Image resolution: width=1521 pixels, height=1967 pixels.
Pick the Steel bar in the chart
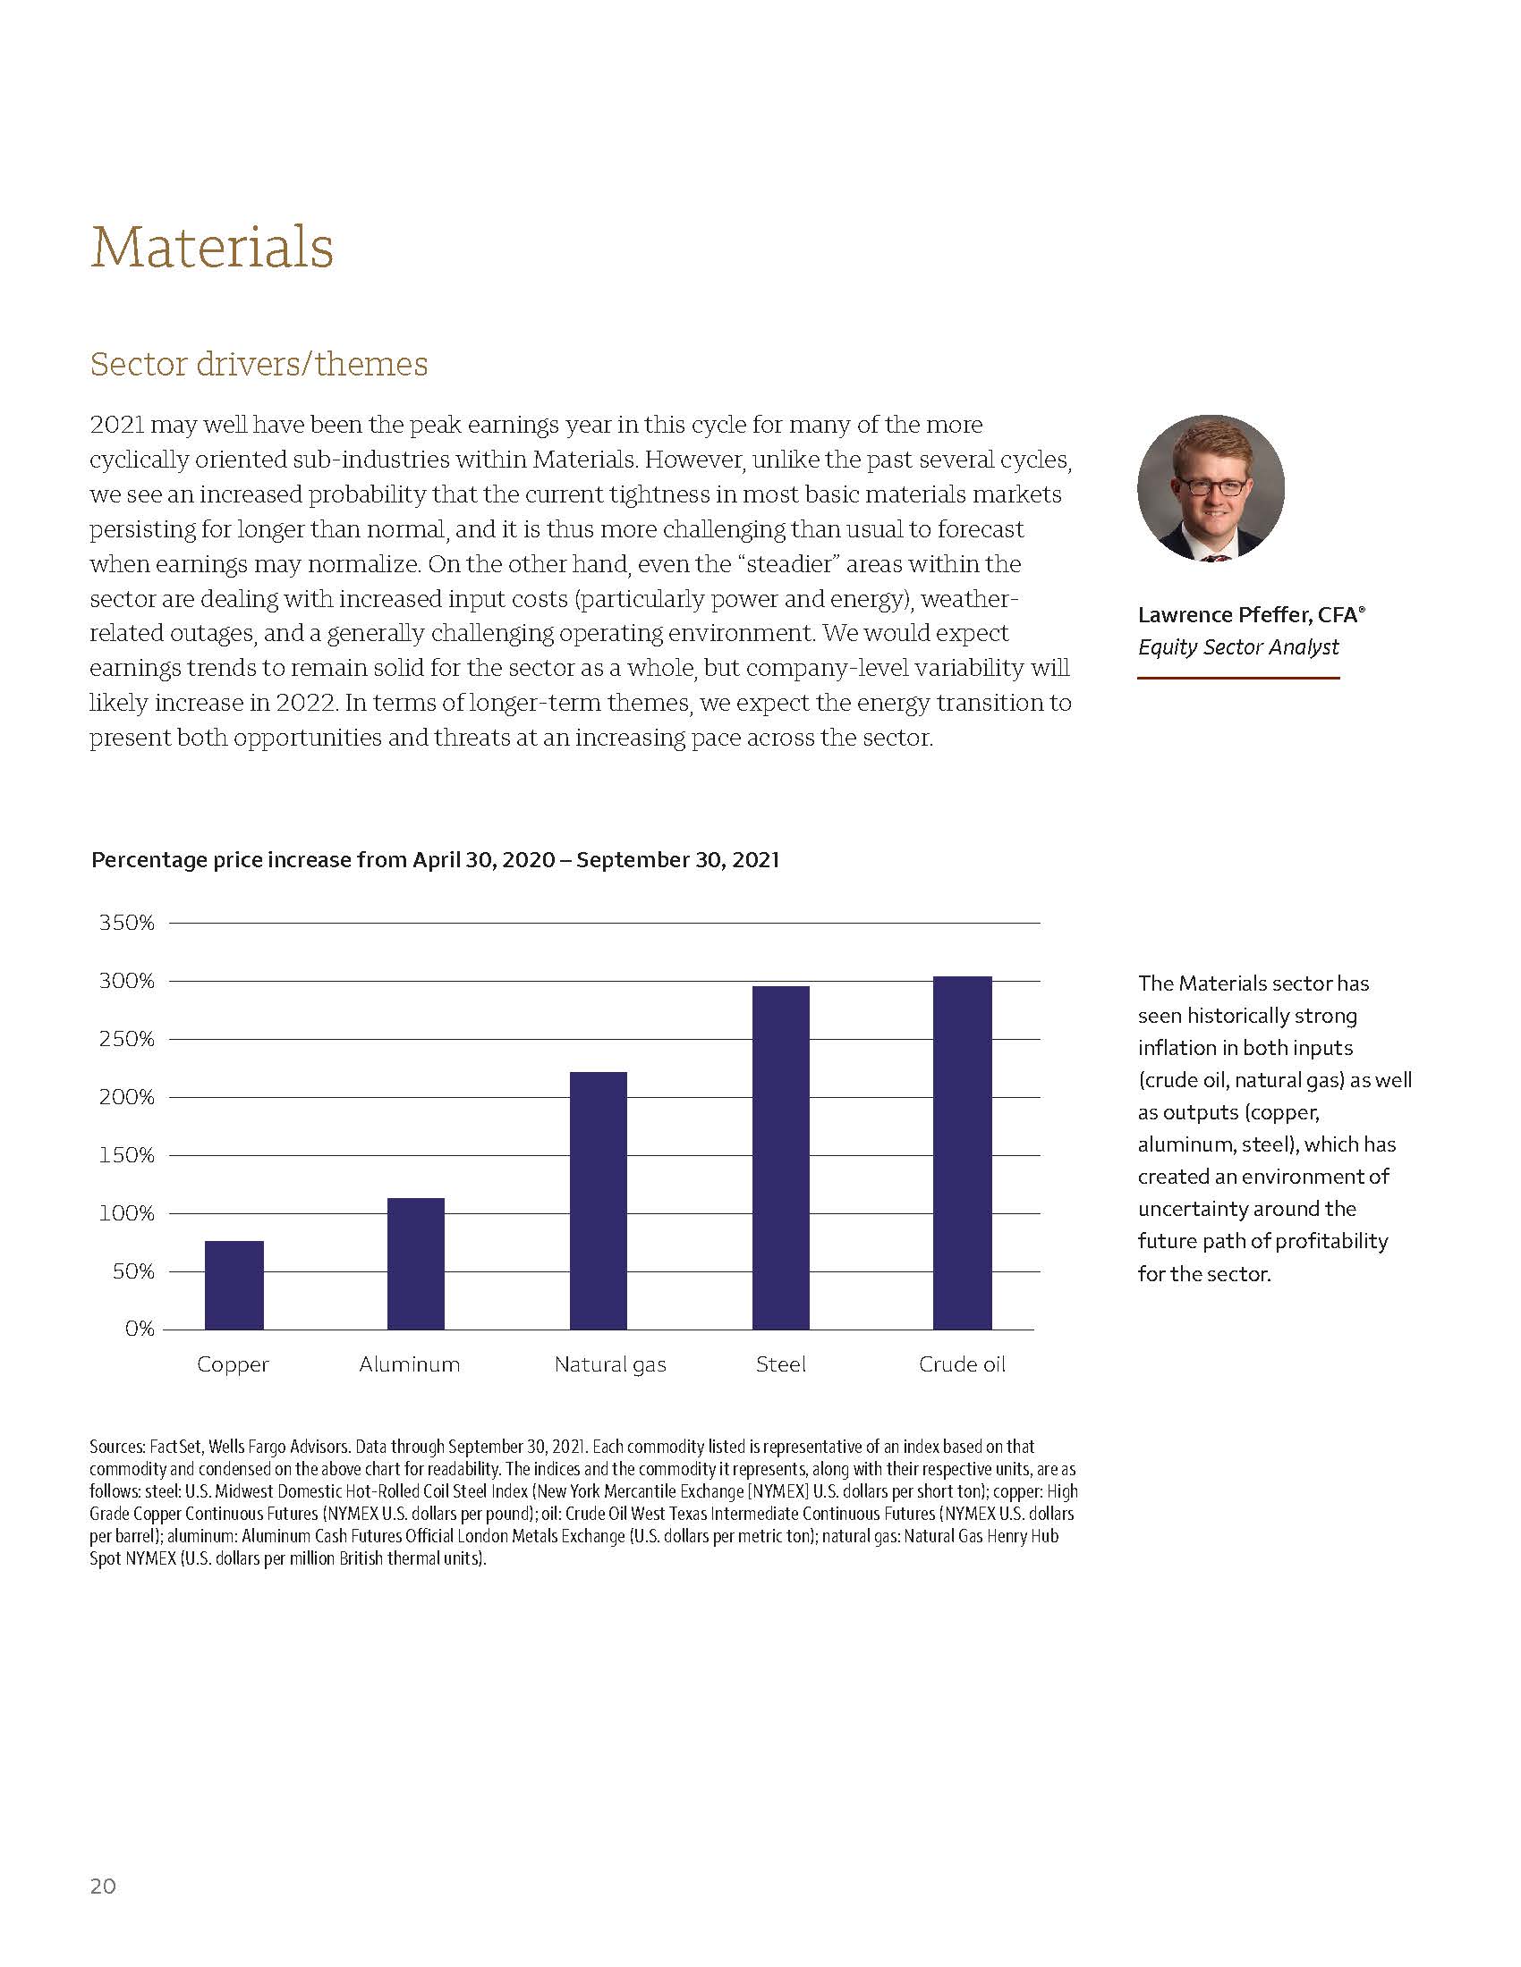pos(780,1157)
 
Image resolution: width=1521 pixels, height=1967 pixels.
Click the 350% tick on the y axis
pos(127,924)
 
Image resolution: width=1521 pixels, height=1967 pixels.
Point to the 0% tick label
pos(140,1329)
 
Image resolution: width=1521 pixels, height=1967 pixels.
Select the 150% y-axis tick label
pos(127,1155)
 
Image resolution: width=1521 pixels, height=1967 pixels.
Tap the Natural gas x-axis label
pos(610,1364)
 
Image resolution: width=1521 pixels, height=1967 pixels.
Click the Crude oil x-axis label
pos(962,1364)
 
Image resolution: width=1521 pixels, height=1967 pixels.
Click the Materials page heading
pos(212,247)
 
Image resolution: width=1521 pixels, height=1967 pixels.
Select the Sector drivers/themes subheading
pos(259,364)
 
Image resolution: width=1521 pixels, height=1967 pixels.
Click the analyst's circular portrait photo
pos(1211,488)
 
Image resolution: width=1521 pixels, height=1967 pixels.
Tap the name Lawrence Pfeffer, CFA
pos(1251,615)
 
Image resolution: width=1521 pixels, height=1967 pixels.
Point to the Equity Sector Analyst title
pos(1238,646)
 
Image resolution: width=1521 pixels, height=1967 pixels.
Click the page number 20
pos(103,1886)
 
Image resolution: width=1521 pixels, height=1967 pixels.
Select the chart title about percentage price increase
pos(435,860)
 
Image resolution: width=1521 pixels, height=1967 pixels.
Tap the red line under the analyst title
pos(1238,678)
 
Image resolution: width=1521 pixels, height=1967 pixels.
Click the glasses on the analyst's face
pos(1213,487)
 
